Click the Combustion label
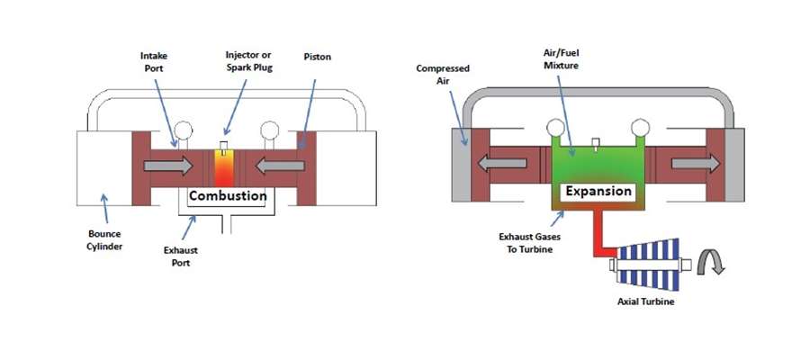click(227, 195)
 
